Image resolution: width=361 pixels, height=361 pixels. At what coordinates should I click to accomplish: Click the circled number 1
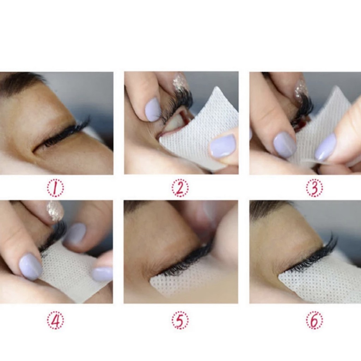(55, 188)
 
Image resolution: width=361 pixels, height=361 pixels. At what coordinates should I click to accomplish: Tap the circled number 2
(180, 188)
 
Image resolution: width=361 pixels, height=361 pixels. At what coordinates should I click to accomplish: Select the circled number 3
(314, 188)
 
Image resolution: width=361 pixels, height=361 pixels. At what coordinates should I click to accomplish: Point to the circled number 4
(55, 320)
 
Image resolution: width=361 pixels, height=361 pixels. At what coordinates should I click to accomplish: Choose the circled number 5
(180, 320)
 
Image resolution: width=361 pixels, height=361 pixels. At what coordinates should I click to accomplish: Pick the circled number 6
(314, 320)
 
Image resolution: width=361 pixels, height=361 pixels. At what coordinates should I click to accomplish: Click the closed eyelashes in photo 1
(65, 134)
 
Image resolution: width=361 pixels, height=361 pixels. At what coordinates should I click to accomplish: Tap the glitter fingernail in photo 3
(301, 88)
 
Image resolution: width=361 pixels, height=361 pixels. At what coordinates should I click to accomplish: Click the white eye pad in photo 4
(71, 272)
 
